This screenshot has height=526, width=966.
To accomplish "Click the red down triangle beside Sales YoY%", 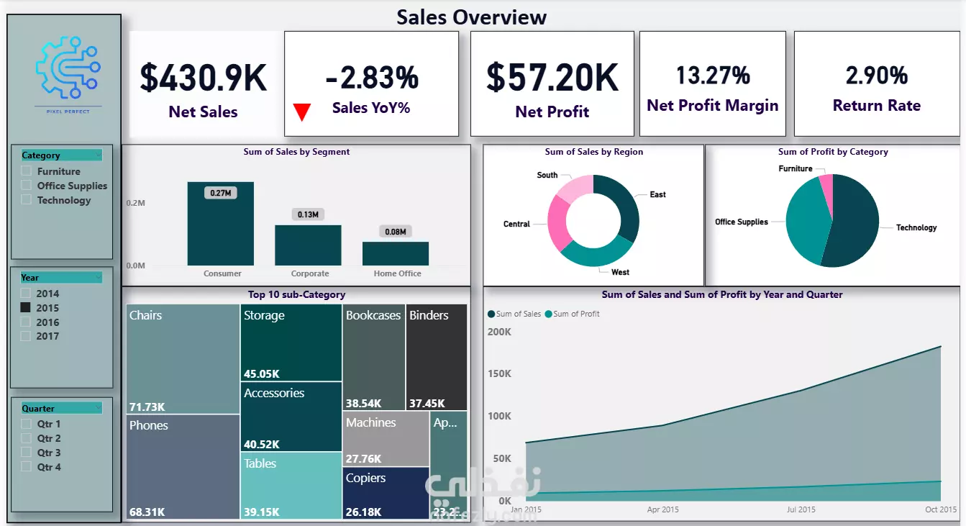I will [302, 112].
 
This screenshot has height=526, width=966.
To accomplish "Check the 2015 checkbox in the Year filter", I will [26, 307].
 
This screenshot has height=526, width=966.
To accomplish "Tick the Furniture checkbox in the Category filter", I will [27, 171].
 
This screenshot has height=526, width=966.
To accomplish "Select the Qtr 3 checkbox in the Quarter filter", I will [27, 453].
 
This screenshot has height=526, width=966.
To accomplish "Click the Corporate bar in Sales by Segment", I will [308, 245].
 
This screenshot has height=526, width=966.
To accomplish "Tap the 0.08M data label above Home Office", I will [395, 232].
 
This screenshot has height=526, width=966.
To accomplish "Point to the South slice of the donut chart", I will [575, 189].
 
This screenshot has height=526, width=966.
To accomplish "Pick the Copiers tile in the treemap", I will [386, 493].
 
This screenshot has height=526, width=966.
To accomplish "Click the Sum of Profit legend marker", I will [548, 314].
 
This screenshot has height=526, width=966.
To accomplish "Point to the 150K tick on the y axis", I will [498, 374].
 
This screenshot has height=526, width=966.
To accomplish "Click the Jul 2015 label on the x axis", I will [801, 509].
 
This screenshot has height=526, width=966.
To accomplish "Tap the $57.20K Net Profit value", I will [552, 77].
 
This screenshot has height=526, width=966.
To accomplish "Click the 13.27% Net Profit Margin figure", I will [713, 75].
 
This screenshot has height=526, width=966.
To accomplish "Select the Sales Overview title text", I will [472, 17].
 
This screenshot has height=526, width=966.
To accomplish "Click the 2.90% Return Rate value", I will [876, 75].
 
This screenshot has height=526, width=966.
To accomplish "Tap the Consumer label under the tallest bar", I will [222, 273].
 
